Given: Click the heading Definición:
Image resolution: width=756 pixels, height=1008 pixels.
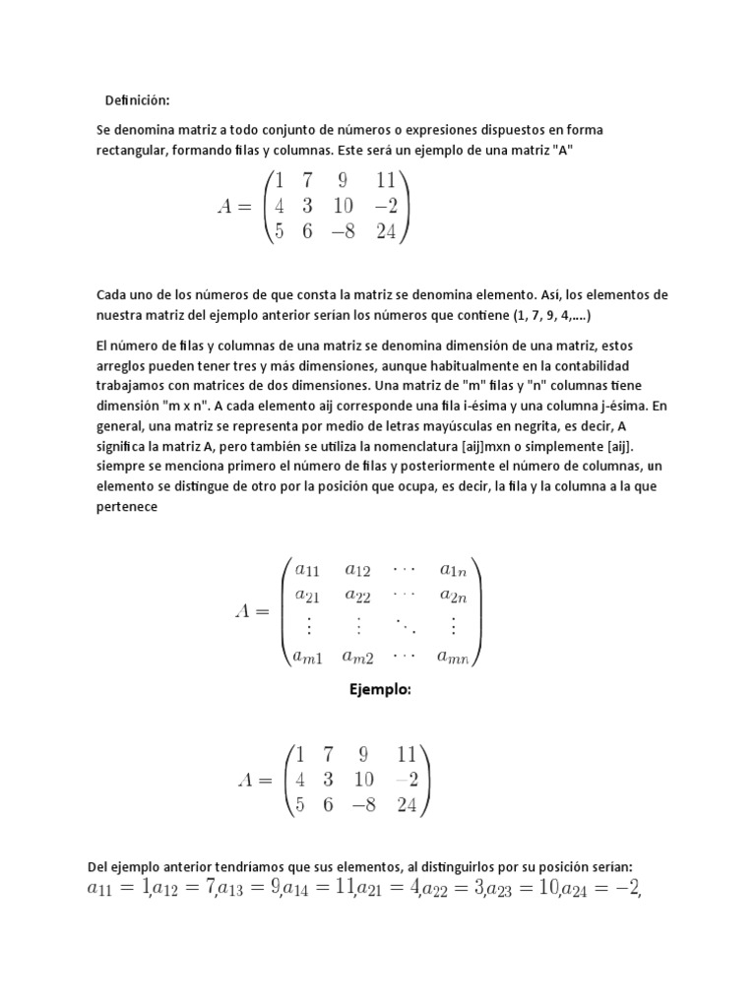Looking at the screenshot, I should click(x=138, y=100).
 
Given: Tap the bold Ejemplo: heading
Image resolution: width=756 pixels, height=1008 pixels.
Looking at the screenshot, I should click(x=377, y=690).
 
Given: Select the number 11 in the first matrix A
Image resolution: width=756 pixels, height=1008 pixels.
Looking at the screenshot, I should click(x=385, y=180).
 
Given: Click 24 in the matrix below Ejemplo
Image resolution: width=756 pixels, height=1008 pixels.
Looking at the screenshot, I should click(x=406, y=805).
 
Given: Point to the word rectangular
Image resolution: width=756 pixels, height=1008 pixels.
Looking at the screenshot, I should click(x=135, y=148).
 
